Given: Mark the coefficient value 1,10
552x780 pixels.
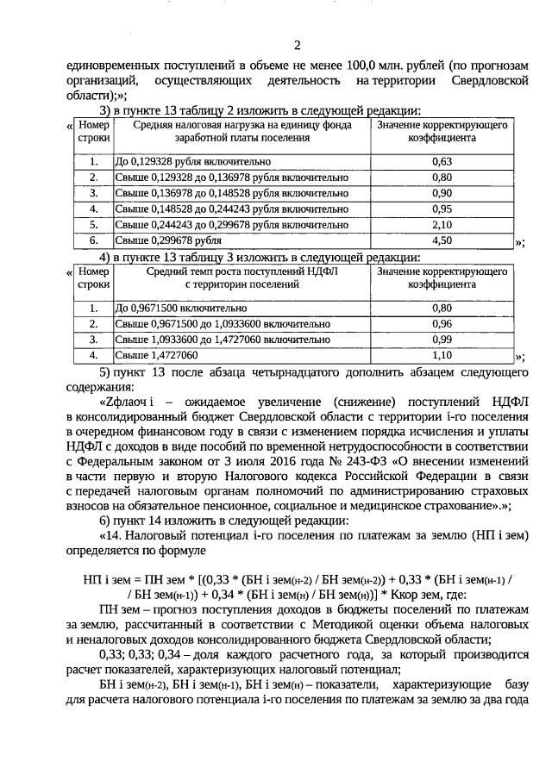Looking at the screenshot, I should [442, 355].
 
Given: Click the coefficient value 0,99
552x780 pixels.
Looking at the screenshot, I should [442, 340].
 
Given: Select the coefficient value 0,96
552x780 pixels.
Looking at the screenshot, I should [442, 324].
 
